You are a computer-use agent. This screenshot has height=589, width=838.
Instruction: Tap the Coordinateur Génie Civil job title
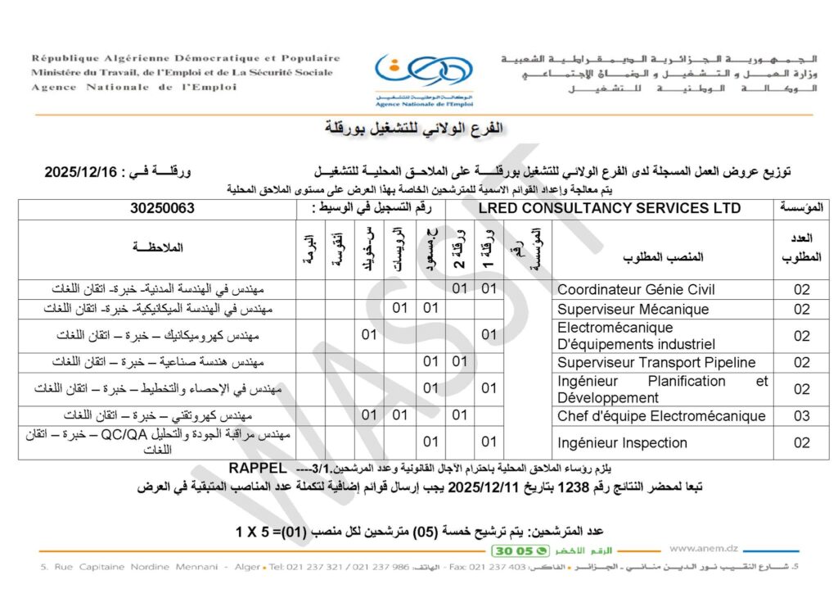coord(636,289)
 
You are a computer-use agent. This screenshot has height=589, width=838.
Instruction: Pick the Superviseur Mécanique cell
coord(633,309)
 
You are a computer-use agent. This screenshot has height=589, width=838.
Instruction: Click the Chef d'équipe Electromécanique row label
coord(661,416)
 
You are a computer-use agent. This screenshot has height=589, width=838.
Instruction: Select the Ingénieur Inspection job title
coord(622,443)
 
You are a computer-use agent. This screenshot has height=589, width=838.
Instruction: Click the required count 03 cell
coord(801,416)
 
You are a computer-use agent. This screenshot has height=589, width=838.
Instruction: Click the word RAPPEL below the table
coord(258,468)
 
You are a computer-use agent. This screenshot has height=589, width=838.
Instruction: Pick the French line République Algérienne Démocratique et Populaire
coord(186,58)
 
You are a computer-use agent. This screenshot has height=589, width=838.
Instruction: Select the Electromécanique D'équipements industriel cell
coord(636,336)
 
